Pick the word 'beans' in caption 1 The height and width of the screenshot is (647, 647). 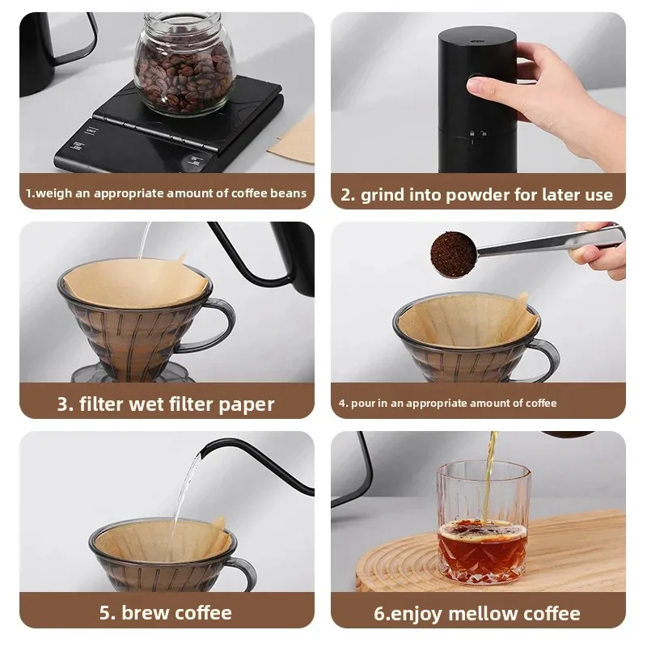coord(290,193)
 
